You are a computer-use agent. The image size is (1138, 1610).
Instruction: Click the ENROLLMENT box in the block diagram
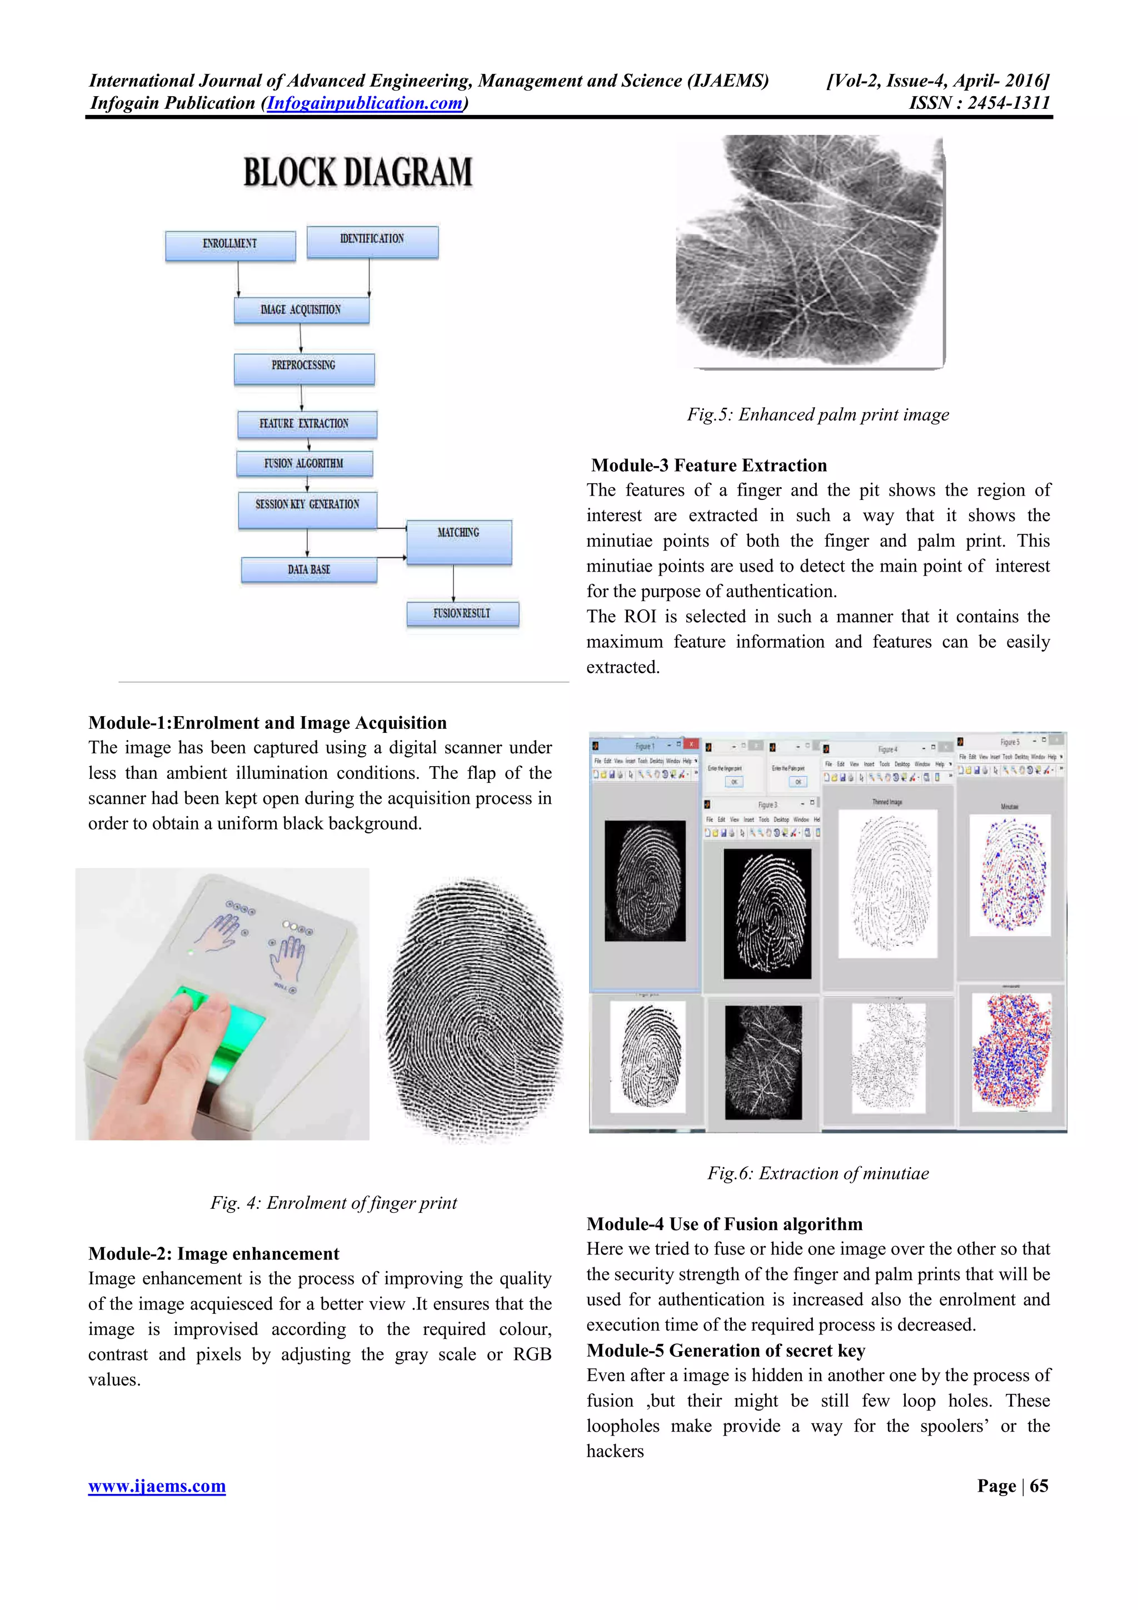[x=230, y=245]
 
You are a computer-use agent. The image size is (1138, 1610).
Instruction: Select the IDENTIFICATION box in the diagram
[x=372, y=241]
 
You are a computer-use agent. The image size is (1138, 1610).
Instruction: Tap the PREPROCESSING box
[x=303, y=367]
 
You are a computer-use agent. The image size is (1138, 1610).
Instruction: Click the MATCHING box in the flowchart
[x=458, y=541]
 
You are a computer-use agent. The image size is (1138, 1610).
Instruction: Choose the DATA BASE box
[x=308, y=569]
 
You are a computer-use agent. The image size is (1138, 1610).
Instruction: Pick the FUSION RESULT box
[x=462, y=613]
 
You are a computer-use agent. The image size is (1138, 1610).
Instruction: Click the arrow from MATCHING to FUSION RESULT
[x=453, y=583]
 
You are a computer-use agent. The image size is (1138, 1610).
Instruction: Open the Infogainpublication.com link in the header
[x=365, y=103]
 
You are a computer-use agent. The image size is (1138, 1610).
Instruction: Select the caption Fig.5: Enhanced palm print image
[x=817, y=414]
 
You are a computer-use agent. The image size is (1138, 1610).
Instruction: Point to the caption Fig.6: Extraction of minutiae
[x=817, y=1173]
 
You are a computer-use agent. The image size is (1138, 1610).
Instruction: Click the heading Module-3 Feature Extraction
[x=709, y=466]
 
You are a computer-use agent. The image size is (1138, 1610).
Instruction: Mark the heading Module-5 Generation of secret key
[x=726, y=1350]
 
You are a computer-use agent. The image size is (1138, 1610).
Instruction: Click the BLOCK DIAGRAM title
[x=358, y=172]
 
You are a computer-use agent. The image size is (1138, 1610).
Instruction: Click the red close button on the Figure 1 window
[x=691, y=744]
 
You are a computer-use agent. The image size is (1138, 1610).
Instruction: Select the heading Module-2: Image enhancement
[x=214, y=1253]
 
